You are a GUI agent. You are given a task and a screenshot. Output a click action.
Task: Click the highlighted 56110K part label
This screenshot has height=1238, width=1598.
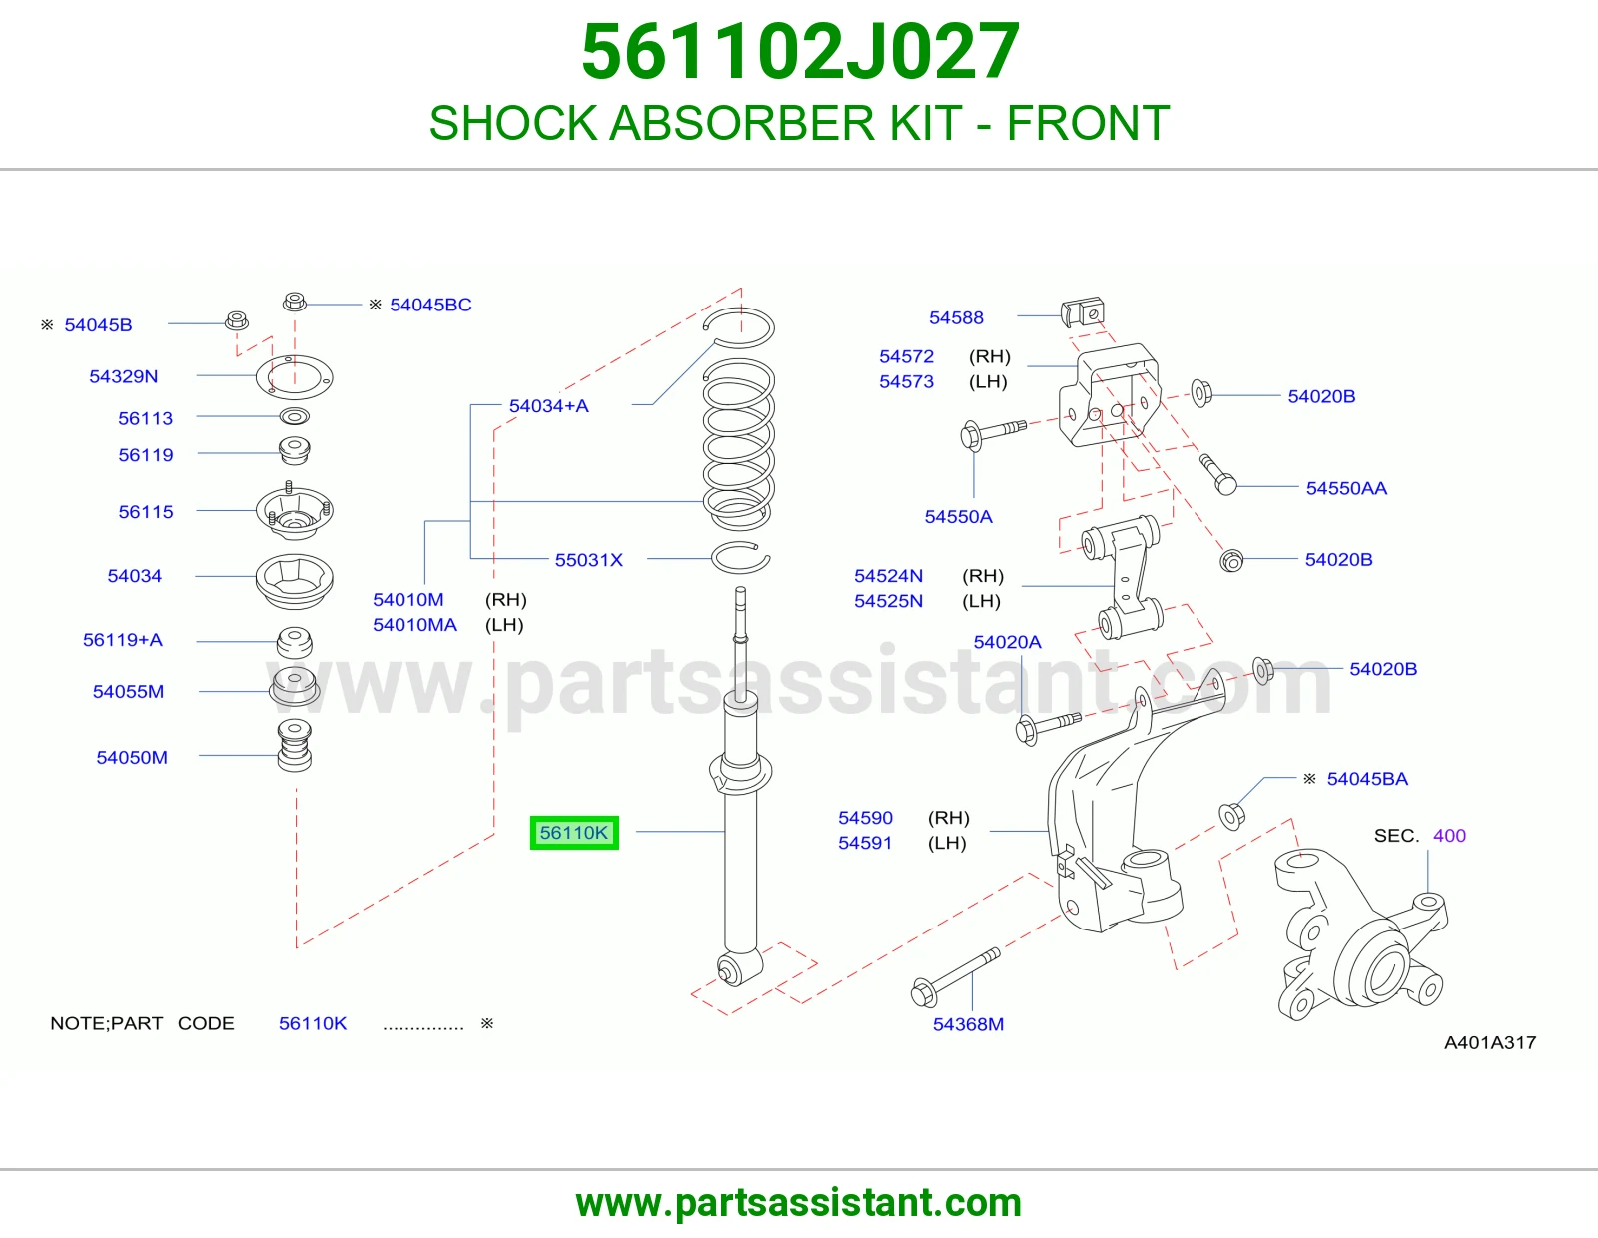point(573,833)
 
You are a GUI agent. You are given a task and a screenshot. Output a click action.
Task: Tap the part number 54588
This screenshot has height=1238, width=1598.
point(955,317)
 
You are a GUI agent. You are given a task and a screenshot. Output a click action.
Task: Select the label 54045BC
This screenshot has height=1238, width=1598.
point(430,305)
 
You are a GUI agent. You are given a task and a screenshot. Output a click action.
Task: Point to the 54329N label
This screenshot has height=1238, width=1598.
point(124,376)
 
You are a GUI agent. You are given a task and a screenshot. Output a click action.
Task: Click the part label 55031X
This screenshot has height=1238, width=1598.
point(588,559)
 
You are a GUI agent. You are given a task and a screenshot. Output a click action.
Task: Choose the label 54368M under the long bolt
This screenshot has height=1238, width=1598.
point(968,1024)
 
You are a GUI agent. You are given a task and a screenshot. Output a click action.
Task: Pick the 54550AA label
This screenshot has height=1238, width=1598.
point(1346,488)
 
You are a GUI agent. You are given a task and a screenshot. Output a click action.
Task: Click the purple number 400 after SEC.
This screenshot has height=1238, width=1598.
point(1449,835)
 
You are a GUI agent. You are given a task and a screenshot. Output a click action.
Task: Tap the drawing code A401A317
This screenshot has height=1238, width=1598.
point(1490,1042)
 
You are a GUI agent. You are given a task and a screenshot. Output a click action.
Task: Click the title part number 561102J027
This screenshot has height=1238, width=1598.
point(800,51)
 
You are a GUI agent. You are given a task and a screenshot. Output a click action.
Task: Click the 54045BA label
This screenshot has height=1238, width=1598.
point(1367,779)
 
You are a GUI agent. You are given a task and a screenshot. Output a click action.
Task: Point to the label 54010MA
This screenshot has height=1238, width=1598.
point(414,625)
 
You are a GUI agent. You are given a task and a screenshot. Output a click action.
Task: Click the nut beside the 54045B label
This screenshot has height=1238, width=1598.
point(236,320)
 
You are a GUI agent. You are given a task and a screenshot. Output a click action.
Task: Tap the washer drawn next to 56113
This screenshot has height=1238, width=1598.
point(295,417)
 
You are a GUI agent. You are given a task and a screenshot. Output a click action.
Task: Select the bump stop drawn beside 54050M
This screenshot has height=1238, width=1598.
point(295,745)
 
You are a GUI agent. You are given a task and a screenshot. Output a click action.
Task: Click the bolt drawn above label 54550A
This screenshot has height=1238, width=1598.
point(993,432)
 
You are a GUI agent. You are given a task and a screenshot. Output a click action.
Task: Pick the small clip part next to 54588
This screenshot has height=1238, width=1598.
point(1083,311)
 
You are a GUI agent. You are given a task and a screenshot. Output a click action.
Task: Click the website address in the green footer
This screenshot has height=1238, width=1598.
point(799,1203)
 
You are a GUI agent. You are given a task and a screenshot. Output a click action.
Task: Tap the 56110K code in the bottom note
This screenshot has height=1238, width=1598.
point(312,1023)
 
